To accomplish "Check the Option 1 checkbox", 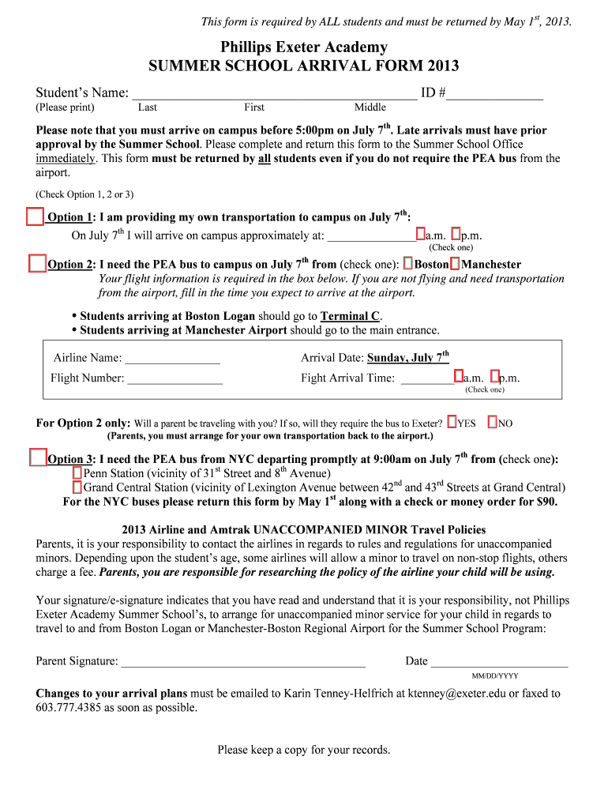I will pyautogui.click(x=35, y=216).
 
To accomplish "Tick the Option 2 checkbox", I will pyautogui.click(x=37, y=263).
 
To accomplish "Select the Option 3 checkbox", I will pyautogui.click(x=37, y=457).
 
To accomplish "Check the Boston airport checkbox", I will pyautogui.click(x=407, y=263).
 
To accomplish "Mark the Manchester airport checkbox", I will pyautogui.click(x=455, y=263).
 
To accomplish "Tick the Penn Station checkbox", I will pyautogui.click(x=77, y=472).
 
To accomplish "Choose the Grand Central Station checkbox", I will pyautogui.click(x=77, y=487).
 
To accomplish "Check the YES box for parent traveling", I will pyautogui.click(x=452, y=423).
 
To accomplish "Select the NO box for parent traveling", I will pyautogui.click(x=493, y=423).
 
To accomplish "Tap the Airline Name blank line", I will pyautogui.click(x=172, y=359).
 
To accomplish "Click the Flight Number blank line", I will pyautogui.click(x=175, y=378).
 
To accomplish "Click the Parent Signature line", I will pyautogui.click(x=243, y=662).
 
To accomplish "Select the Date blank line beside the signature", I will pyautogui.click(x=499, y=662).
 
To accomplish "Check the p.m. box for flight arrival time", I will pyautogui.click(x=494, y=377).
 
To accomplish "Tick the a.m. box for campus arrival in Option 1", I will pyautogui.click(x=421, y=235).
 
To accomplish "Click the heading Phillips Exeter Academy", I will pyautogui.click(x=303, y=47).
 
